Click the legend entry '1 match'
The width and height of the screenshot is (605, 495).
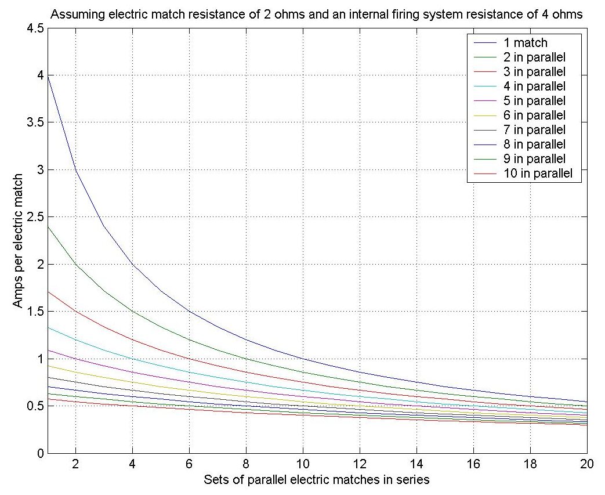pos(526,43)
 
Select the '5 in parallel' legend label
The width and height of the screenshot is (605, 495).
pos(534,101)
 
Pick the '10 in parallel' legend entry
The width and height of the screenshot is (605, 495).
pos(537,174)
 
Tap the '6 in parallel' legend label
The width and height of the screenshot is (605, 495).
pos(534,115)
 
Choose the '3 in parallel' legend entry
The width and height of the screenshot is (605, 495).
pos(534,72)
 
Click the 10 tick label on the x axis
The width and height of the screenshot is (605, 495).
pos(302,465)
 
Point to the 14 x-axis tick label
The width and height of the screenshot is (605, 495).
pos(416,465)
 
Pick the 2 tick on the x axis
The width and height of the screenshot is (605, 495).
pos(75,465)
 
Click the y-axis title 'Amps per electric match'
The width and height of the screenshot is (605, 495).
pos(19,240)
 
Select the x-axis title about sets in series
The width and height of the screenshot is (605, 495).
pos(317,480)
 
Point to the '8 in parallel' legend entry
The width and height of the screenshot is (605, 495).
pos(534,144)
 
